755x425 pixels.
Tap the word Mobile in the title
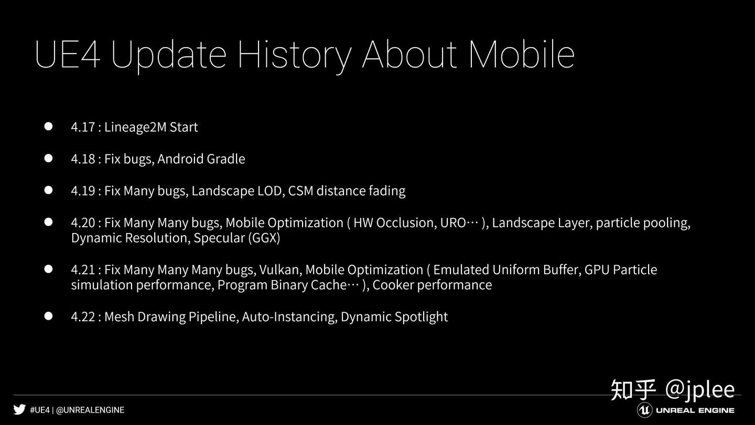click(x=522, y=54)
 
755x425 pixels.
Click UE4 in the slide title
click(x=68, y=55)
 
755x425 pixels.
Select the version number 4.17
click(x=83, y=127)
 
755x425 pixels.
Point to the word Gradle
click(x=226, y=159)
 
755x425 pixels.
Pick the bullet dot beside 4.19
click(x=49, y=190)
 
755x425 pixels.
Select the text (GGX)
click(x=264, y=238)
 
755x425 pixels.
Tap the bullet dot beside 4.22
click(x=49, y=316)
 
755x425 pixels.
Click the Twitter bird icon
click(x=19, y=410)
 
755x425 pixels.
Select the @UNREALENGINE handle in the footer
click(x=90, y=410)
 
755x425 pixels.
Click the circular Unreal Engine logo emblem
click(x=644, y=410)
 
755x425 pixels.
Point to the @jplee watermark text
click(x=700, y=390)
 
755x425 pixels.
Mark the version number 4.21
click(x=83, y=270)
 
